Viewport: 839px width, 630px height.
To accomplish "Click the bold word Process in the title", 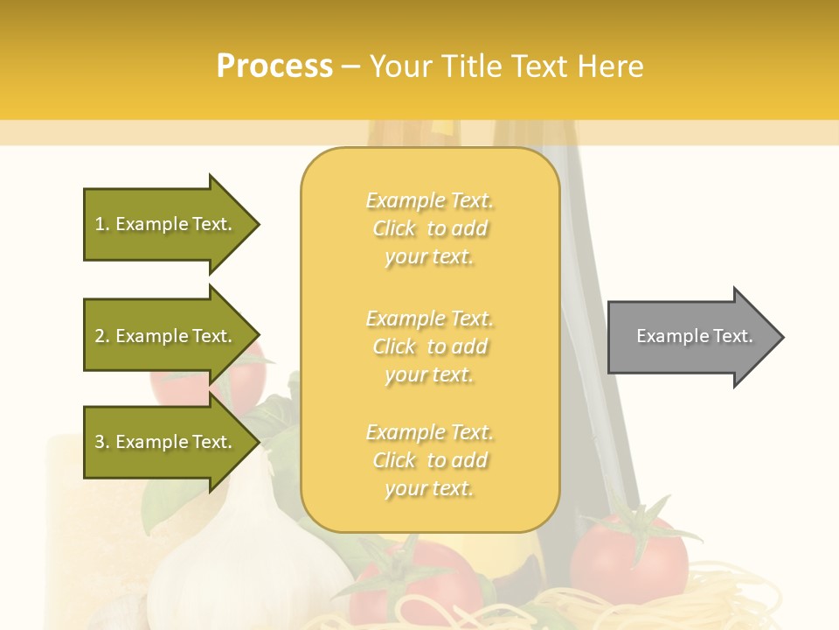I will tap(274, 66).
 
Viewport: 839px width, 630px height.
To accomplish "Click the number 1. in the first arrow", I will tap(102, 224).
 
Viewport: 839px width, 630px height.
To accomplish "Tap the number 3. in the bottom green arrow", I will tap(102, 442).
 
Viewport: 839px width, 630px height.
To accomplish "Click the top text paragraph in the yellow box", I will tap(429, 228).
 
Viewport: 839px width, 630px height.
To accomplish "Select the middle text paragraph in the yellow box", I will tap(429, 346).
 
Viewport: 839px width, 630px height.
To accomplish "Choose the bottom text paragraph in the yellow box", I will tap(429, 460).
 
